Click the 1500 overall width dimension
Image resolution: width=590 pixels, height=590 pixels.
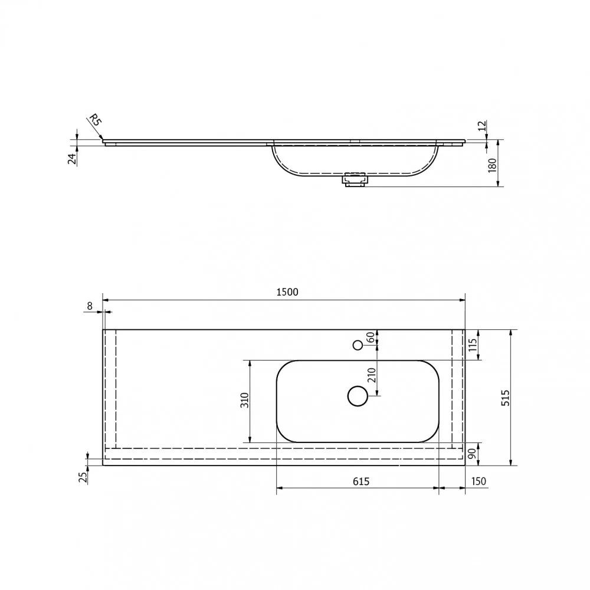(287, 292)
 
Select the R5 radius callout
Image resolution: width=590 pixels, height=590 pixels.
(95, 120)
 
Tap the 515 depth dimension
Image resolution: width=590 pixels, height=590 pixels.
(506, 398)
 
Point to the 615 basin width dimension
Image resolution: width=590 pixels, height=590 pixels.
(361, 481)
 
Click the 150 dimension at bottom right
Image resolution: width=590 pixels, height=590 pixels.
(478, 481)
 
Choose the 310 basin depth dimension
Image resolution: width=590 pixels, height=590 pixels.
(245, 400)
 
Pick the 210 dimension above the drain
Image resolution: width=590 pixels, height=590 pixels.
(371, 375)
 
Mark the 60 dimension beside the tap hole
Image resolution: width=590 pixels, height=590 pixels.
(371, 337)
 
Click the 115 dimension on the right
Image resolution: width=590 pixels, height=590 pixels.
(473, 345)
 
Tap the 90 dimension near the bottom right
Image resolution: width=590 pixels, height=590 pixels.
(472, 454)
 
